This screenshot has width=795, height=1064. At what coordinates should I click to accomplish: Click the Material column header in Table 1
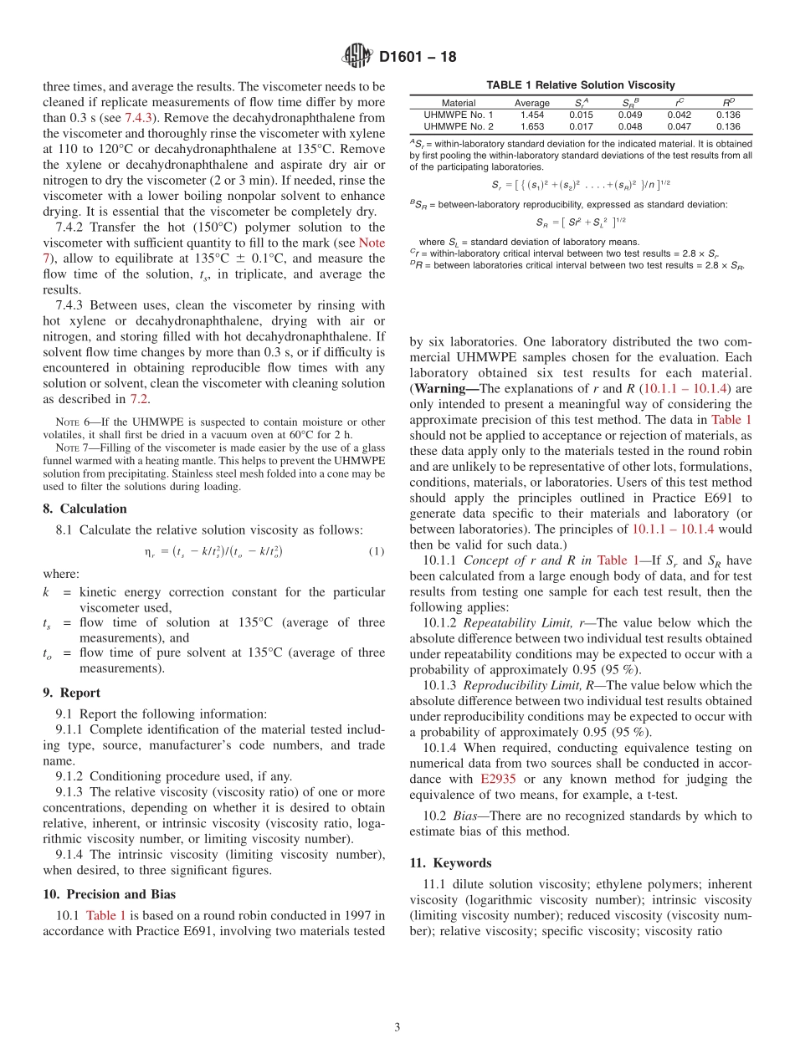[x=458, y=103]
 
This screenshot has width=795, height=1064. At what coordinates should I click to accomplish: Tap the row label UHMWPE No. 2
[x=459, y=127]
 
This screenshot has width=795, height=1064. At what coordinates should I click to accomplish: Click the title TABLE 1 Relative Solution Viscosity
[x=580, y=85]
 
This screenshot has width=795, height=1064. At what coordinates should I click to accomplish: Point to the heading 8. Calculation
[x=85, y=509]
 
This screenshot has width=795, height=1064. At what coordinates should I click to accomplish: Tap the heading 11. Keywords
[x=450, y=862]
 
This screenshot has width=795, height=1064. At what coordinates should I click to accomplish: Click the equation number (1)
[x=376, y=551]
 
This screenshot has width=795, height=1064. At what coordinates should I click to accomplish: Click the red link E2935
[x=498, y=779]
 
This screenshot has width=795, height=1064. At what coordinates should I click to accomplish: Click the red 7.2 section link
[x=139, y=399]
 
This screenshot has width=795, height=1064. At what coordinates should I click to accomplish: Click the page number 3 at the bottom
[x=397, y=1027]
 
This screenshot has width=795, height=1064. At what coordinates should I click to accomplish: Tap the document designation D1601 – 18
[x=418, y=58]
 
